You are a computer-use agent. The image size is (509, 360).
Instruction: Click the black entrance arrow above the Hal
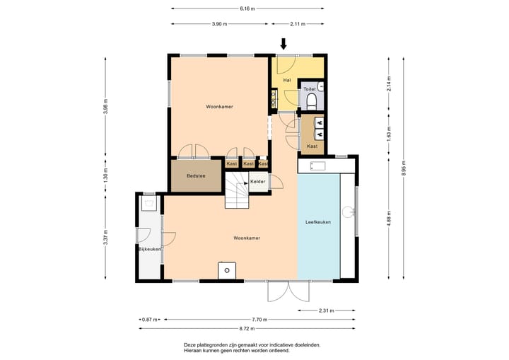(x=283, y=44)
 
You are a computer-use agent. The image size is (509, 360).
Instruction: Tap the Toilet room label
(x=310, y=89)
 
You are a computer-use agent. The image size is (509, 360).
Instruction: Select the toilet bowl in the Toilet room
(x=312, y=101)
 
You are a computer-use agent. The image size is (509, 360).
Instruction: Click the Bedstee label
(x=196, y=176)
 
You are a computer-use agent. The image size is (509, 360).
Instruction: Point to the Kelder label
(x=258, y=182)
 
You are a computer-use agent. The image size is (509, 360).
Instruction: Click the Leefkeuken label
(x=318, y=222)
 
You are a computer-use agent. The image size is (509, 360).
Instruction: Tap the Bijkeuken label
(x=150, y=249)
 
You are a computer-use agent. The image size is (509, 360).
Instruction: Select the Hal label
(x=287, y=80)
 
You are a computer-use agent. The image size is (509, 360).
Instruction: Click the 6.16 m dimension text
(x=247, y=8)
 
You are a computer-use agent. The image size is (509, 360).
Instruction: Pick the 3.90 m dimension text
(x=219, y=24)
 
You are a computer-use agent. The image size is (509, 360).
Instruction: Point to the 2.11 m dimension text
(x=298, y=24)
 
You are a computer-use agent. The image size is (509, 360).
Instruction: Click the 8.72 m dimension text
(x=247, y=328)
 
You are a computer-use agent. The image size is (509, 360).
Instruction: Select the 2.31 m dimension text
(x=326, y=310)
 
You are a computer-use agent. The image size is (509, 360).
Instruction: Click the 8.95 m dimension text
(x=404, y=168)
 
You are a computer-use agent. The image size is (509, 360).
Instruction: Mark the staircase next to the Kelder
(x=237, y=190)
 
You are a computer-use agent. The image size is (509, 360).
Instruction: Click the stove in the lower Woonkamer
(x=227, y=270)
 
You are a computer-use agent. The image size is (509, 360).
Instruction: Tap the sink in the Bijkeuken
(x=149, y=204)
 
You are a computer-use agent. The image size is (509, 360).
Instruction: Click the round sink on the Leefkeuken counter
(x=349, y=212)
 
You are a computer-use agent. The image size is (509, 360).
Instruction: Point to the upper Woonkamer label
(x=219, y=107)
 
